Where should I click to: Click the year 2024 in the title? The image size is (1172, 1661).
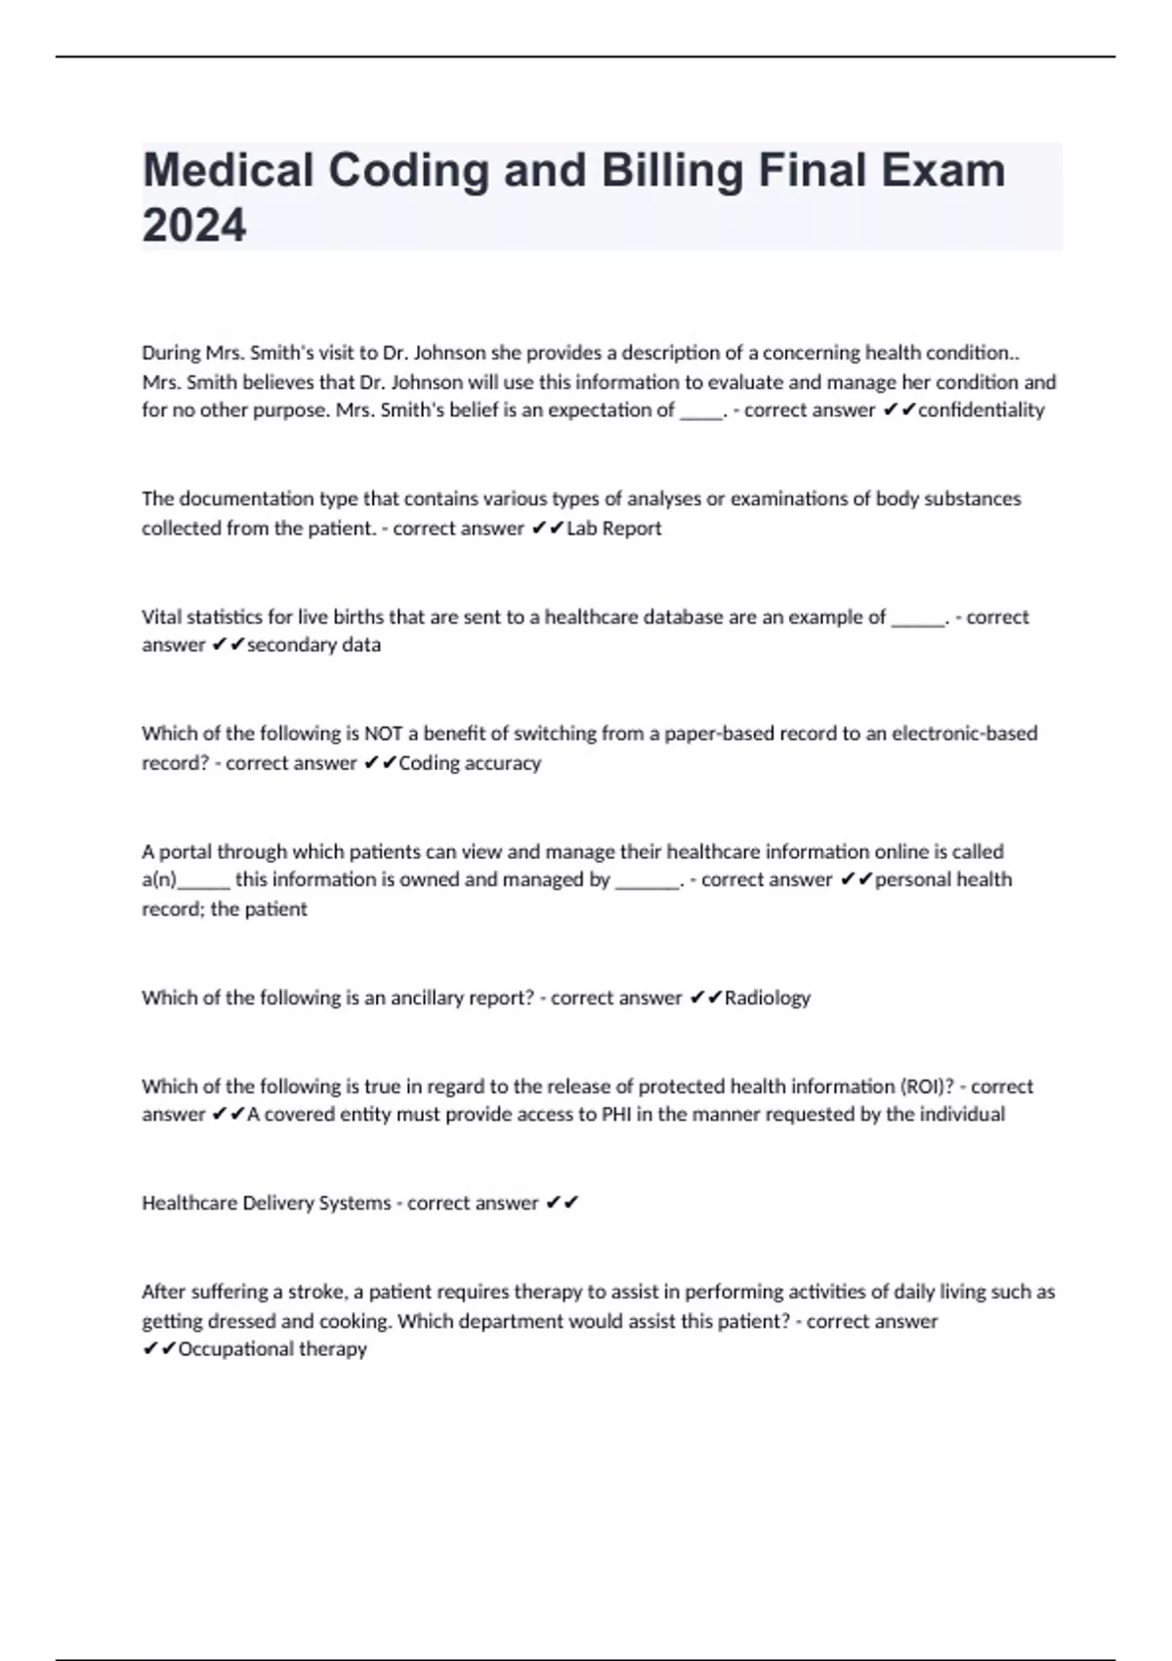(194, 225)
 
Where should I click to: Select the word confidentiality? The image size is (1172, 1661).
(981, 410)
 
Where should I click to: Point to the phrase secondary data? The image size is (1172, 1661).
(314, 645)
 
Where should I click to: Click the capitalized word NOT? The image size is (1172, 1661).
(383, 734)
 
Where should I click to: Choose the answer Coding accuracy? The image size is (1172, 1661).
(469, 763)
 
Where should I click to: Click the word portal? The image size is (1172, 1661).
(185, 852)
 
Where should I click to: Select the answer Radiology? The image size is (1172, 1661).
(767, 998)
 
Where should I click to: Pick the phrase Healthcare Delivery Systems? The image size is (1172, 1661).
(266, 1203)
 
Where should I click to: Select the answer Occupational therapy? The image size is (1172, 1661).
(272, 1349)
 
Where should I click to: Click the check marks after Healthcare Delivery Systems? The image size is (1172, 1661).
(563, 1203)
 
